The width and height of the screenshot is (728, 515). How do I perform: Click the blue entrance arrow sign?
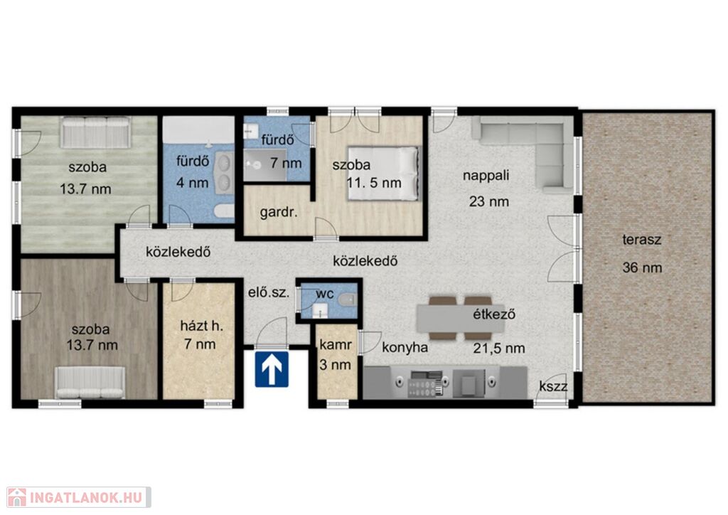point(272,369)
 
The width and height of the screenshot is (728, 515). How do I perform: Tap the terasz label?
point(642,240)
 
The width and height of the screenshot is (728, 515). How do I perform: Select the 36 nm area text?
point(642,267)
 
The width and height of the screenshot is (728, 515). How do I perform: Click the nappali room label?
point(486,176)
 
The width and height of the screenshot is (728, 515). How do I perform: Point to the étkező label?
point(495,314)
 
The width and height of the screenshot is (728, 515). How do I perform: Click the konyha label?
point(405,347)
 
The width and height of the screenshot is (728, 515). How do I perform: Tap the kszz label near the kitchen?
point(553,386)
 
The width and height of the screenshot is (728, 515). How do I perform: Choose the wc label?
point(325,294)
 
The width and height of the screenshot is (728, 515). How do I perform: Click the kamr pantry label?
point(336,345)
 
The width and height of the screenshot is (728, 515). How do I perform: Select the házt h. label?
point(201,326)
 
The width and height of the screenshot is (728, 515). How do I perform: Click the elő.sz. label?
point(269,292)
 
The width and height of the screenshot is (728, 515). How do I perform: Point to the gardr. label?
point(279,213)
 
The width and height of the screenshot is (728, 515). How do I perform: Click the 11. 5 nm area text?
point(374,183)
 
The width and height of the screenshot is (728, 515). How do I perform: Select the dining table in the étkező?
point(461,318)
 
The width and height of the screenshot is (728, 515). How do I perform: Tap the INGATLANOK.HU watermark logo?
point(79,497)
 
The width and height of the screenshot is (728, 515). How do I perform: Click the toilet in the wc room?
point(346,300)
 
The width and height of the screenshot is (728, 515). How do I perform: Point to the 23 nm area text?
point(489,201)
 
